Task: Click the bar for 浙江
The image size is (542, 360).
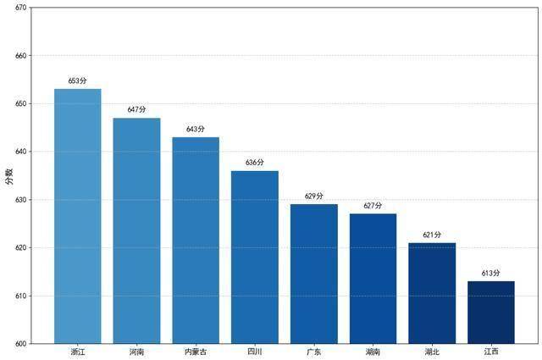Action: click(x=77, y=216)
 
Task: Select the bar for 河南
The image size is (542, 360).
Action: click(x=136, y=230)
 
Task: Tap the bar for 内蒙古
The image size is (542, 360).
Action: click(x=196, y=241)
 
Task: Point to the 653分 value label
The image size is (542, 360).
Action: click(x=77, y=81)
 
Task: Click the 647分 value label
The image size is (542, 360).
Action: click(x=136, y=110)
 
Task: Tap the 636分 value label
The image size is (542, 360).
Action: click(x=255, y=163)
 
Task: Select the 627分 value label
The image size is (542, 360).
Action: click(x=373, y=206)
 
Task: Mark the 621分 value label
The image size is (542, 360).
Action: click(x=432, y=235)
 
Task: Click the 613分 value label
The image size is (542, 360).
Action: click(x=491, y=274)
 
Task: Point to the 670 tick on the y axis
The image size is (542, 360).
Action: click(x=20, y=8)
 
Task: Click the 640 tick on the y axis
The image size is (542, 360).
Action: click(x=20, y=152)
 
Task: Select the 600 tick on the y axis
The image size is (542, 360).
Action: click(x=20, y=344)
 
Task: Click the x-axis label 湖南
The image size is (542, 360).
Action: click(x=373, y=352)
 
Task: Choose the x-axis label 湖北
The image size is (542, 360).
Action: click(x=432, y=352)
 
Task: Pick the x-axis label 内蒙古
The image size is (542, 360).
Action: click(x=196, y=352)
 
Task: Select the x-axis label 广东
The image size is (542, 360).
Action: click(x=313, y=352)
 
